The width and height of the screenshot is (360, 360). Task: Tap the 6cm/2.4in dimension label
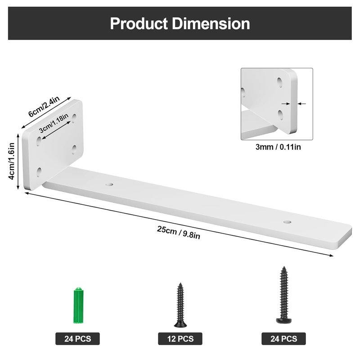44,106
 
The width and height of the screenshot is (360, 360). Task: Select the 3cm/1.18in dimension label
54,123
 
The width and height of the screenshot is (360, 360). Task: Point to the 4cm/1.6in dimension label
11,161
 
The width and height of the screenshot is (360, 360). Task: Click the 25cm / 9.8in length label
178,232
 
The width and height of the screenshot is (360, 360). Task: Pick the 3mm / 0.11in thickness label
278,147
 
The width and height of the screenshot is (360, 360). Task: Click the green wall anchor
78,305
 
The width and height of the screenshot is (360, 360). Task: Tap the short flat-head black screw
180,305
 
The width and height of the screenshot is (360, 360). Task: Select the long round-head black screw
284,295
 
